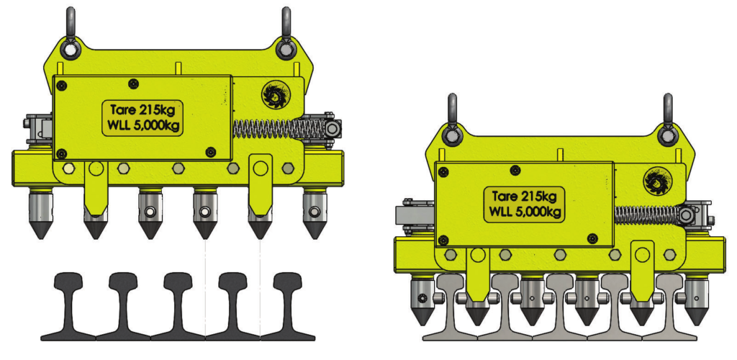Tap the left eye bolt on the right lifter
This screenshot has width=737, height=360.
pos(452,122)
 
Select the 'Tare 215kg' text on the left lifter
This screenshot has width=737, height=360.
pos(143,110)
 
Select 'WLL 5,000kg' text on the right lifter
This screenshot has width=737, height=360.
pos(524,211)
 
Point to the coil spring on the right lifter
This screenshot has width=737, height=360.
pos(648,215)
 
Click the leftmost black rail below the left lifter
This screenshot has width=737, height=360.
pos(68,306)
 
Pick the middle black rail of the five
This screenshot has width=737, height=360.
pos(178,306)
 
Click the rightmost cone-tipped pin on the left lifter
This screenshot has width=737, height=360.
pos(314,215)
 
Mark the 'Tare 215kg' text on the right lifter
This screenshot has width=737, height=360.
pos(524,195)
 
